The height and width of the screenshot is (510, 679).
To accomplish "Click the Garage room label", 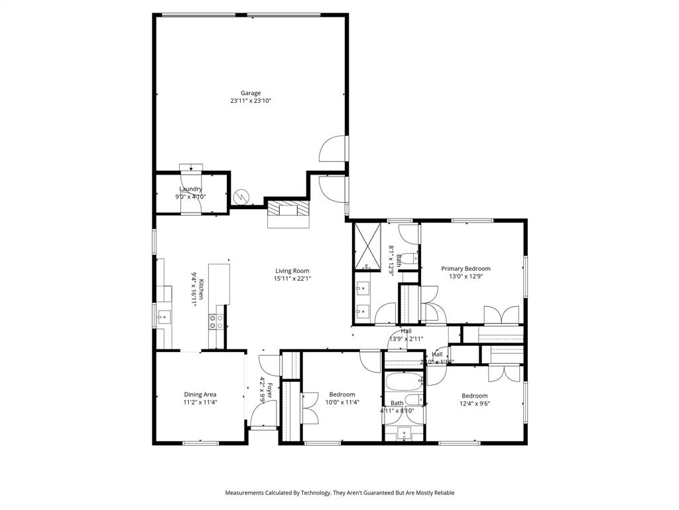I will (251, 93).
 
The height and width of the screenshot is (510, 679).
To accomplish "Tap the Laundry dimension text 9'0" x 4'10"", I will (190, 197).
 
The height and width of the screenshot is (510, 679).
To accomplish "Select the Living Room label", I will (292, 270).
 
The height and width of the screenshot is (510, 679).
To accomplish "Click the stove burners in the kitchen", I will (216, 322).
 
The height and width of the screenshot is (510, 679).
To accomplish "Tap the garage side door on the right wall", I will (334, 149).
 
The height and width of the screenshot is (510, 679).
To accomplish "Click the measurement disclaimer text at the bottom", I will (339, 493).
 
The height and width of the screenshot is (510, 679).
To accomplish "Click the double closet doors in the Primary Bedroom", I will (501, 315).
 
